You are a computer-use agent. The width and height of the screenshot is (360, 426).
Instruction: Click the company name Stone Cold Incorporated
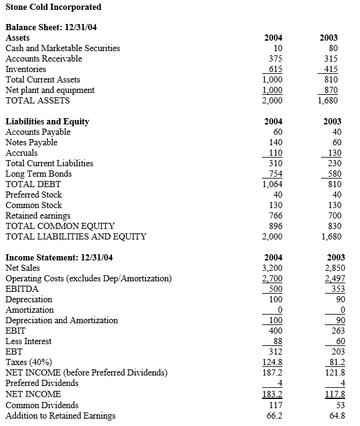(x=54, y=7)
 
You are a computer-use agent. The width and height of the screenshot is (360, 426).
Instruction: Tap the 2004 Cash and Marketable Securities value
(x=278, y=48)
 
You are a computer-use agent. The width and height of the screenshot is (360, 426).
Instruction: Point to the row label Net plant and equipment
(x=50, y=90)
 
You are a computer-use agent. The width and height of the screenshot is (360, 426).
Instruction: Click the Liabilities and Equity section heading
(x=47, y=121)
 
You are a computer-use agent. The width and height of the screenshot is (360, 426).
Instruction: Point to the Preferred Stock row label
(x=34, y=195)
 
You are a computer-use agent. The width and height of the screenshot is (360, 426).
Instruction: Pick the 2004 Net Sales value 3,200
(x=273, y=268)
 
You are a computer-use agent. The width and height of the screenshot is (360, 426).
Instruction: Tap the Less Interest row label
(x=28, y=341)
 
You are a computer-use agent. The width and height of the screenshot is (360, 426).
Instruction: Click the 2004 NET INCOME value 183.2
(x=273, y=394)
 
